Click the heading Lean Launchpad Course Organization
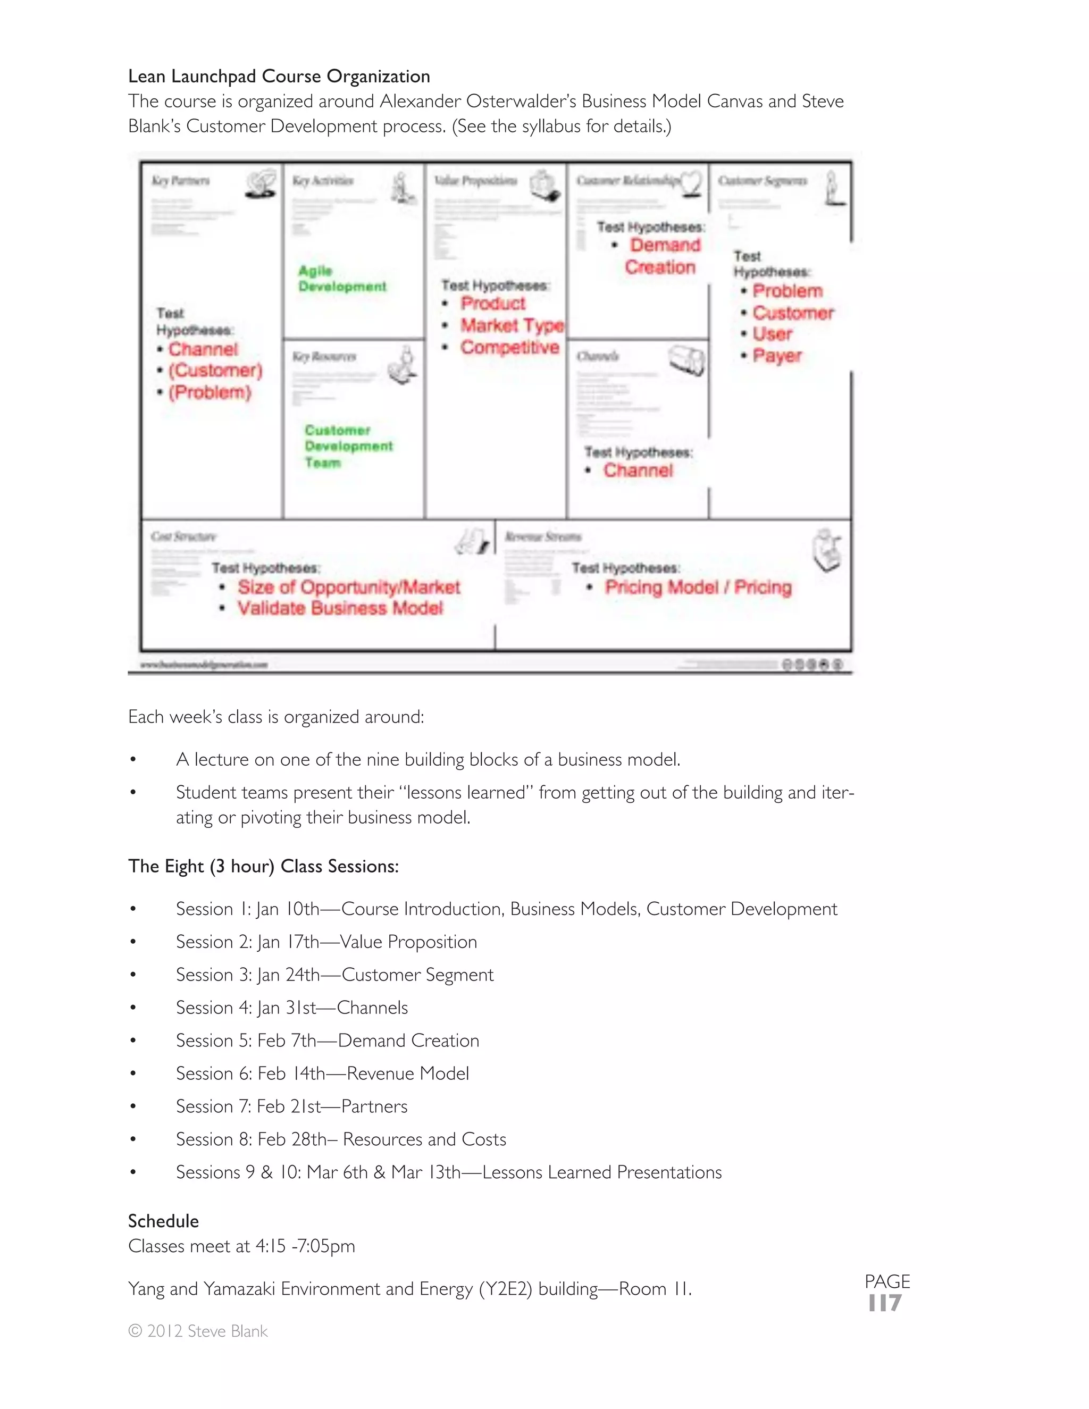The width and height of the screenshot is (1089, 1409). click(279, 76)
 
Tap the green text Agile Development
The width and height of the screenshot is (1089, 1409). click(341, 279)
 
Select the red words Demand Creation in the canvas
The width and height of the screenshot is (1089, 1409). click(662, 256)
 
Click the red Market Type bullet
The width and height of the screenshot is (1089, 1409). click(512, 325)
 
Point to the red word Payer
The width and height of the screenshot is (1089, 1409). click(777, 356)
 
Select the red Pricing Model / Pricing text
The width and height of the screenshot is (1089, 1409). click(698, 587)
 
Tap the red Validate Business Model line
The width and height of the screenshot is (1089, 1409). click(340, 608)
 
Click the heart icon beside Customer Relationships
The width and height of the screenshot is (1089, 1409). click(692, 183)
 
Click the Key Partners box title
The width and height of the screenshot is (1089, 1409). click(181, 181)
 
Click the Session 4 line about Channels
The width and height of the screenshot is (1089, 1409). click(291, 1007)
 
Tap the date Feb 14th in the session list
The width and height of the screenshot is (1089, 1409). click(291, 1073)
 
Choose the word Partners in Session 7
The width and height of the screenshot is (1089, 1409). click(374, 1106)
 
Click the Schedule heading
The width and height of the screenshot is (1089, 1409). click(163, 1221)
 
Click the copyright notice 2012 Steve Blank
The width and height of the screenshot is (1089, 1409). click(198, 1331)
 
